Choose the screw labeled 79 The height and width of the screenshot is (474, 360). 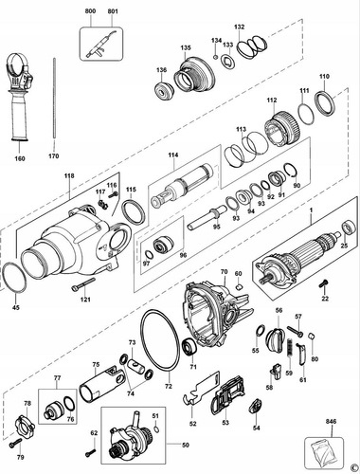coord(12,444)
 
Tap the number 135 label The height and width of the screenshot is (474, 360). coord(186,46)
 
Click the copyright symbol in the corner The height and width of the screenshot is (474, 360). coord(351,465)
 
